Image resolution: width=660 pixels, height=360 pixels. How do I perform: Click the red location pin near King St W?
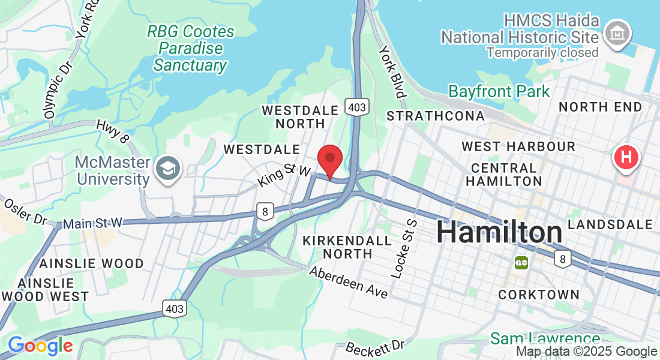pos(329,160)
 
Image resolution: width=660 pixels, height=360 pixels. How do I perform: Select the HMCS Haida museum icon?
pos(618,33)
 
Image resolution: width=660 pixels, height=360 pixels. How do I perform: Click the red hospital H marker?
pos(626,158)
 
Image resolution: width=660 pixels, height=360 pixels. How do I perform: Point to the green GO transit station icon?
pos(521,262)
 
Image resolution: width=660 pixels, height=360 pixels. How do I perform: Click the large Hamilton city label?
pos(499,232)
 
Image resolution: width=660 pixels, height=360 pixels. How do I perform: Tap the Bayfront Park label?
pos(499,92)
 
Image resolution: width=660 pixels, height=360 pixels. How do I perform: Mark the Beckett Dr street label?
pos(376,347)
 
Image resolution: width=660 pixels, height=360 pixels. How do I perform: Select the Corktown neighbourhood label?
pos(539,295)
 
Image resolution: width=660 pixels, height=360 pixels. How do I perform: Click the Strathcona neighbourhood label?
pos(435,116)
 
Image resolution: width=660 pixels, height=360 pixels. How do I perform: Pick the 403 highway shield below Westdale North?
pos(356,107)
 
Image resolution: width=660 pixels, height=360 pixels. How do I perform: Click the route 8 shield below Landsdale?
pos(562,259)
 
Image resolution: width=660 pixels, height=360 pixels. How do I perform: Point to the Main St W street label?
pos(92,223)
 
